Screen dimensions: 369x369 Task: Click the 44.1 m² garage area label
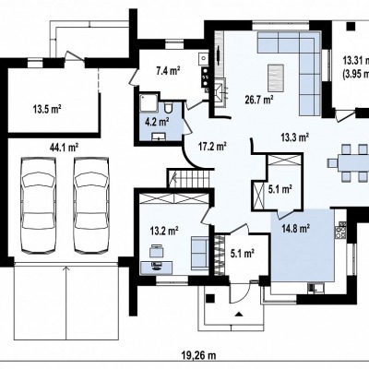(64, 148)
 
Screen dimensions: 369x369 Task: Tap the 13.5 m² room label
(46, 109)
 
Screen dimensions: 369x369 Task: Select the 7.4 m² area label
(168, 71)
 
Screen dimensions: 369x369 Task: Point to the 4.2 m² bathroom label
(158, 123)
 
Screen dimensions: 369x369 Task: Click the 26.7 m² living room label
(259, 100)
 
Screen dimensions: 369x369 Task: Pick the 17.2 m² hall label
(212, 147)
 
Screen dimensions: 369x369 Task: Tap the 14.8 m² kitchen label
(295, 229)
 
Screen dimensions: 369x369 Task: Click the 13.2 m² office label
(164, 231)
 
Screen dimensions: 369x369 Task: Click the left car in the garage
(39, 206)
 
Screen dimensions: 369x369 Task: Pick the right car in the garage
(91, 206)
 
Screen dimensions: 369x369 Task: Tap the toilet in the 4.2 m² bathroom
(168, 108)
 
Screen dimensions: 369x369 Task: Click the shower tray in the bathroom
(149, 103)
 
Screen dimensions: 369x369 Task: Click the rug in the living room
(276, 77)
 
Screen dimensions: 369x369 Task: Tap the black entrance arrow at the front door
(239, 314)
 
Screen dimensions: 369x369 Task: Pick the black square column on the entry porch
(210, 298)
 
